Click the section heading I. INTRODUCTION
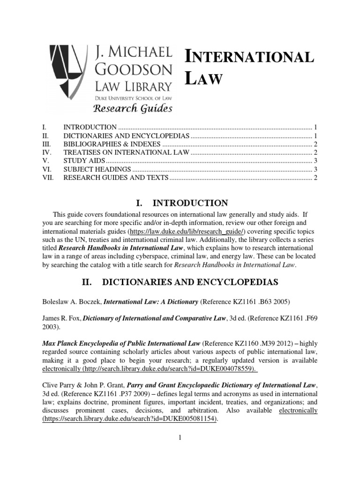click(175, 203)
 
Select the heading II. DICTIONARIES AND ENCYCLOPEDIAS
click(180, 282)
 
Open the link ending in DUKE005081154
click(130, 419)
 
